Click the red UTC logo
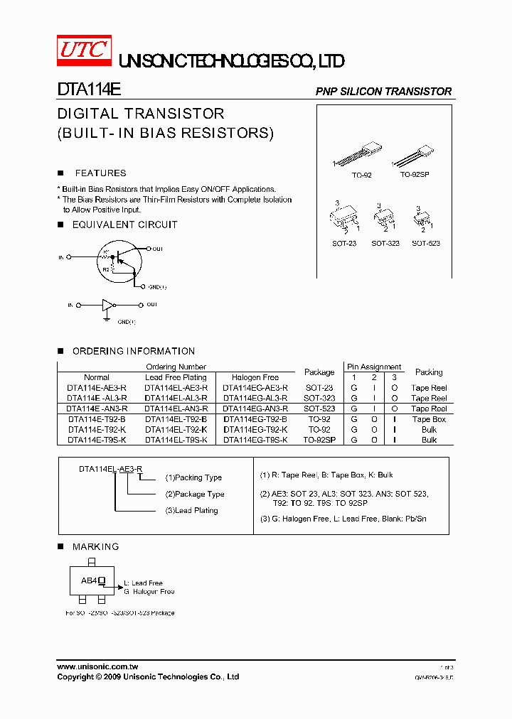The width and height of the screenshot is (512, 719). (x=84, y=50)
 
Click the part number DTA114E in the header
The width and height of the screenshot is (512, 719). (x=89, y=91)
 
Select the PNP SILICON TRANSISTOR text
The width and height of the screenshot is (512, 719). (x=383, y=92)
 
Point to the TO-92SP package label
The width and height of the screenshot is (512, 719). (x=415, y=175)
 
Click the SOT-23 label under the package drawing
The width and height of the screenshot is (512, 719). (x=344, y=244)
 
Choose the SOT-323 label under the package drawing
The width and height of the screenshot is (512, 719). (x=385, y=244)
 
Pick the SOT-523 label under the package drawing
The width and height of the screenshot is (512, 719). (x=426, y=244)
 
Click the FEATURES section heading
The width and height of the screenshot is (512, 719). (x=100, y=173)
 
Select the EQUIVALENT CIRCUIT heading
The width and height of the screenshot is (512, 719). (x=124, y=225)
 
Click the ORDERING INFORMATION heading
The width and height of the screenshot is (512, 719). (x=133, y=351)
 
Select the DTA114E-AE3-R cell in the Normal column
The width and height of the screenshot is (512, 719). (x=97, y=388)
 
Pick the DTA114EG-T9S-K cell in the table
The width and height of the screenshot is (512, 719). (x=255, y=440)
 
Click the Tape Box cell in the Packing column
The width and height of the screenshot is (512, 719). (x=429, y=419)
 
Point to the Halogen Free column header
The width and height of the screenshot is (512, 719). (x=255, y=377)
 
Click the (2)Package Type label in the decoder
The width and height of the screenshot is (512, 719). (x=195, y=494)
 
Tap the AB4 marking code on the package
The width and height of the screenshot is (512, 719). (x=88, y=580)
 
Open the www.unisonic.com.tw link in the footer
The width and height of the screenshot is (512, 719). (x=97, y=667)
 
